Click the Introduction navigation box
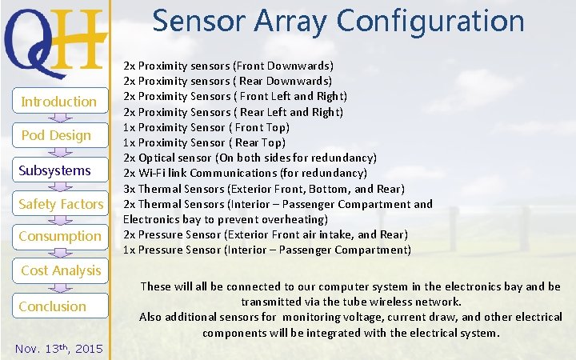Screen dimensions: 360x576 coord(58,102)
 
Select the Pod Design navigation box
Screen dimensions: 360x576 coord(56,135)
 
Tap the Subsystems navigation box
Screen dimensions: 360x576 coord(55,170)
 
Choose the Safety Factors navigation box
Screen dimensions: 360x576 coord(61,204)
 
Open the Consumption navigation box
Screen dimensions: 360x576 coord(60,236)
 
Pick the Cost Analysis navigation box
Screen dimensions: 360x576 coord(61,270)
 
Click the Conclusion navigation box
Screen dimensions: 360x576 coord(53,306)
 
